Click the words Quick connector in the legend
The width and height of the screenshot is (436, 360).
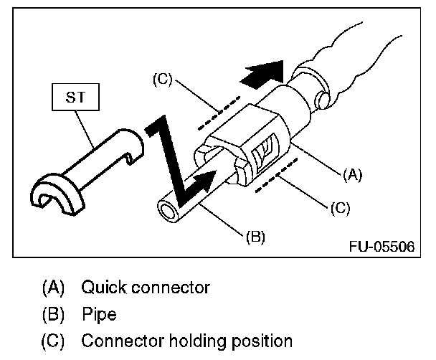(146, 288)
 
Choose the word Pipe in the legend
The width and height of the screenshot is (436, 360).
(98, 314)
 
